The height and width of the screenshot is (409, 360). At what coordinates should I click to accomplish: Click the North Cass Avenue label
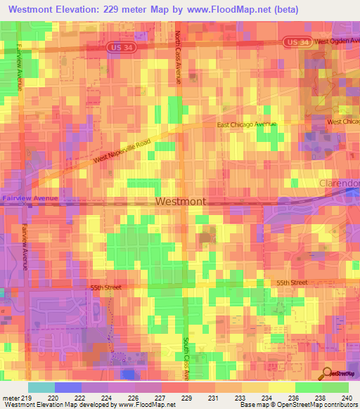pyautogui.click(x=179, y=58)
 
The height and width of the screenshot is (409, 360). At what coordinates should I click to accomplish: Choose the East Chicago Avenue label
pyautogui.click(x=246, y=124)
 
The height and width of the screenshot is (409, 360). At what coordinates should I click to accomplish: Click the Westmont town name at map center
pyautogui.click(x=181, y=202)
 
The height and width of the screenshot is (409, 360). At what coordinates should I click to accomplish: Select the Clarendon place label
pyautogui.click(x=339, y=183)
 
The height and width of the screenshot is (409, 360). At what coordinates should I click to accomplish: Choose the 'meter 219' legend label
pyautogui.click(x=14, y=397)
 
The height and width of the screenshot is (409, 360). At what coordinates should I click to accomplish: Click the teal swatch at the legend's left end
pyautogui.click(x=41, y=387)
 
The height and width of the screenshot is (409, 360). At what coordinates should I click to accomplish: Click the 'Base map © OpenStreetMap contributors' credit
pyautogui.click(x=298, y=405)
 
